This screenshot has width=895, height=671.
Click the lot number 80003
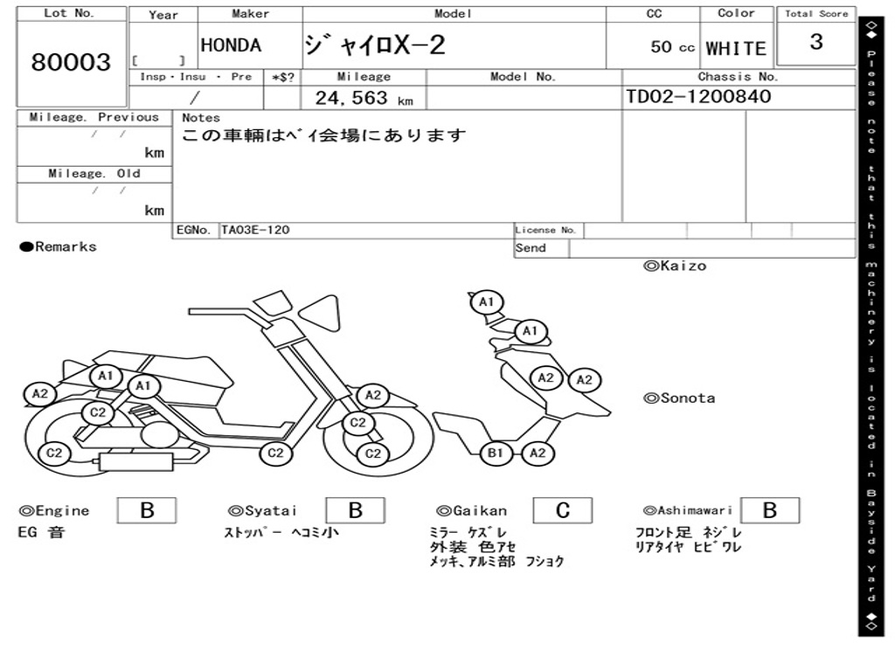71,62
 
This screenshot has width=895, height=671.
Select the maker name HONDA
231,45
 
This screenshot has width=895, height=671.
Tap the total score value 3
816,42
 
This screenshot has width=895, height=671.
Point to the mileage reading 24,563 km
364,98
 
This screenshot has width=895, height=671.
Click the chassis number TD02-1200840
698,96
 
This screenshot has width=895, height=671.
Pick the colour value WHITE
736,49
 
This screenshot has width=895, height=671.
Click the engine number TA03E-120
255,230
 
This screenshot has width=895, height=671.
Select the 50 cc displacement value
672,47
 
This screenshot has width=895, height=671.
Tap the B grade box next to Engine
147,510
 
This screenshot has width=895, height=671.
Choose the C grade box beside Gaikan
563,510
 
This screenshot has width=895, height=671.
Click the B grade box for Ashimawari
770,510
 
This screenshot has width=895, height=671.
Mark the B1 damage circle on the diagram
495,453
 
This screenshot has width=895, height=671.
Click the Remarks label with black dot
58,246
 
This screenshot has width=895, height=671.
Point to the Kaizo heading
675,266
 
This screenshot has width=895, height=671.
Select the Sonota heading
679,398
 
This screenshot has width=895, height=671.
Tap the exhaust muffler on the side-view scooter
135,461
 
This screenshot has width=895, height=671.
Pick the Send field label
531,248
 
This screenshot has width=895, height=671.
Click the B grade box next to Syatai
355,510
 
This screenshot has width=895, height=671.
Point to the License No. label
545,230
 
